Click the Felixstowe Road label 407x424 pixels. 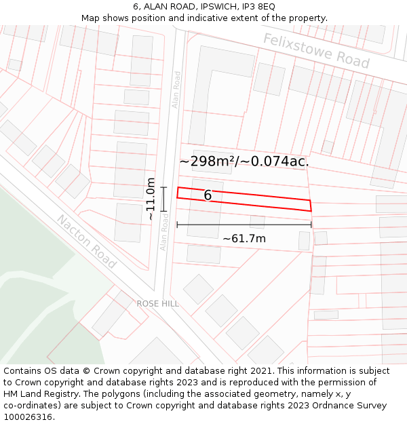tap(316, 51)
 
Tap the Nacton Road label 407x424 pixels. tap(86, 242)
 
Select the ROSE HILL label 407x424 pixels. tap(158, 303)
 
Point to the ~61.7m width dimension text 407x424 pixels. tap(244, 238)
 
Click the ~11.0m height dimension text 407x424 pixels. tap(151, 199)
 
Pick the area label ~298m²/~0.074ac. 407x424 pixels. tap(244, 161)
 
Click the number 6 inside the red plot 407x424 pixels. tap(208, 195)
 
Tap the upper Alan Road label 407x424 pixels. tap(176, 90)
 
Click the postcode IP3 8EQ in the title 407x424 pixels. tap(258, 7)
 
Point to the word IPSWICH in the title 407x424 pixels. tap(214, 7)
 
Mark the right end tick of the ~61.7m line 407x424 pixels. tap(311, 225)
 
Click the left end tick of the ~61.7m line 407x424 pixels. tap(177, 225)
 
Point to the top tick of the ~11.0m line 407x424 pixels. tap(163, 187)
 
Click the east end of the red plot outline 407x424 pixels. tap(311, 206)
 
